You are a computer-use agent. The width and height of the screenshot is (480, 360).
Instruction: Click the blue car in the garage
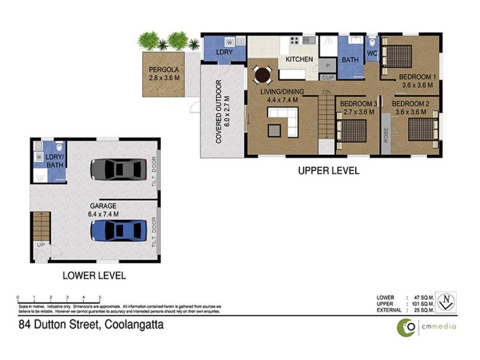pyautogui.click(x=119, y=230)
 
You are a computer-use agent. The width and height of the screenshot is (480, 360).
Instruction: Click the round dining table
pyautogui.click(x=262, y=75)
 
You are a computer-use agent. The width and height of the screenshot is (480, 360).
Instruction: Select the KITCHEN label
pyautogui.click(x=299, y=59)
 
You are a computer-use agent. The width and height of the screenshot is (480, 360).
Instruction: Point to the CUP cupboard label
pyautogui.click(x=328, y=77)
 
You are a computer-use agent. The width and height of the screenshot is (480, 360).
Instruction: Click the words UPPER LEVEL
pyautogui.click(x=329, y=171)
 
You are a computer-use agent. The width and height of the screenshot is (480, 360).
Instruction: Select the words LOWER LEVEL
pyautogui.click(x=95, y=276)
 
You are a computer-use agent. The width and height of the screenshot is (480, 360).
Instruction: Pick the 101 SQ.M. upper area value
pyautogui.click(x=421, y=303)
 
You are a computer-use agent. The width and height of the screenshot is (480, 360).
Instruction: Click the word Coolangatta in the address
pyautogui.click(x=134, y=326)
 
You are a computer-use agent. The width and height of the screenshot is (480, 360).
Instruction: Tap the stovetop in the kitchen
pyautogui.click(x=295, y=41)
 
